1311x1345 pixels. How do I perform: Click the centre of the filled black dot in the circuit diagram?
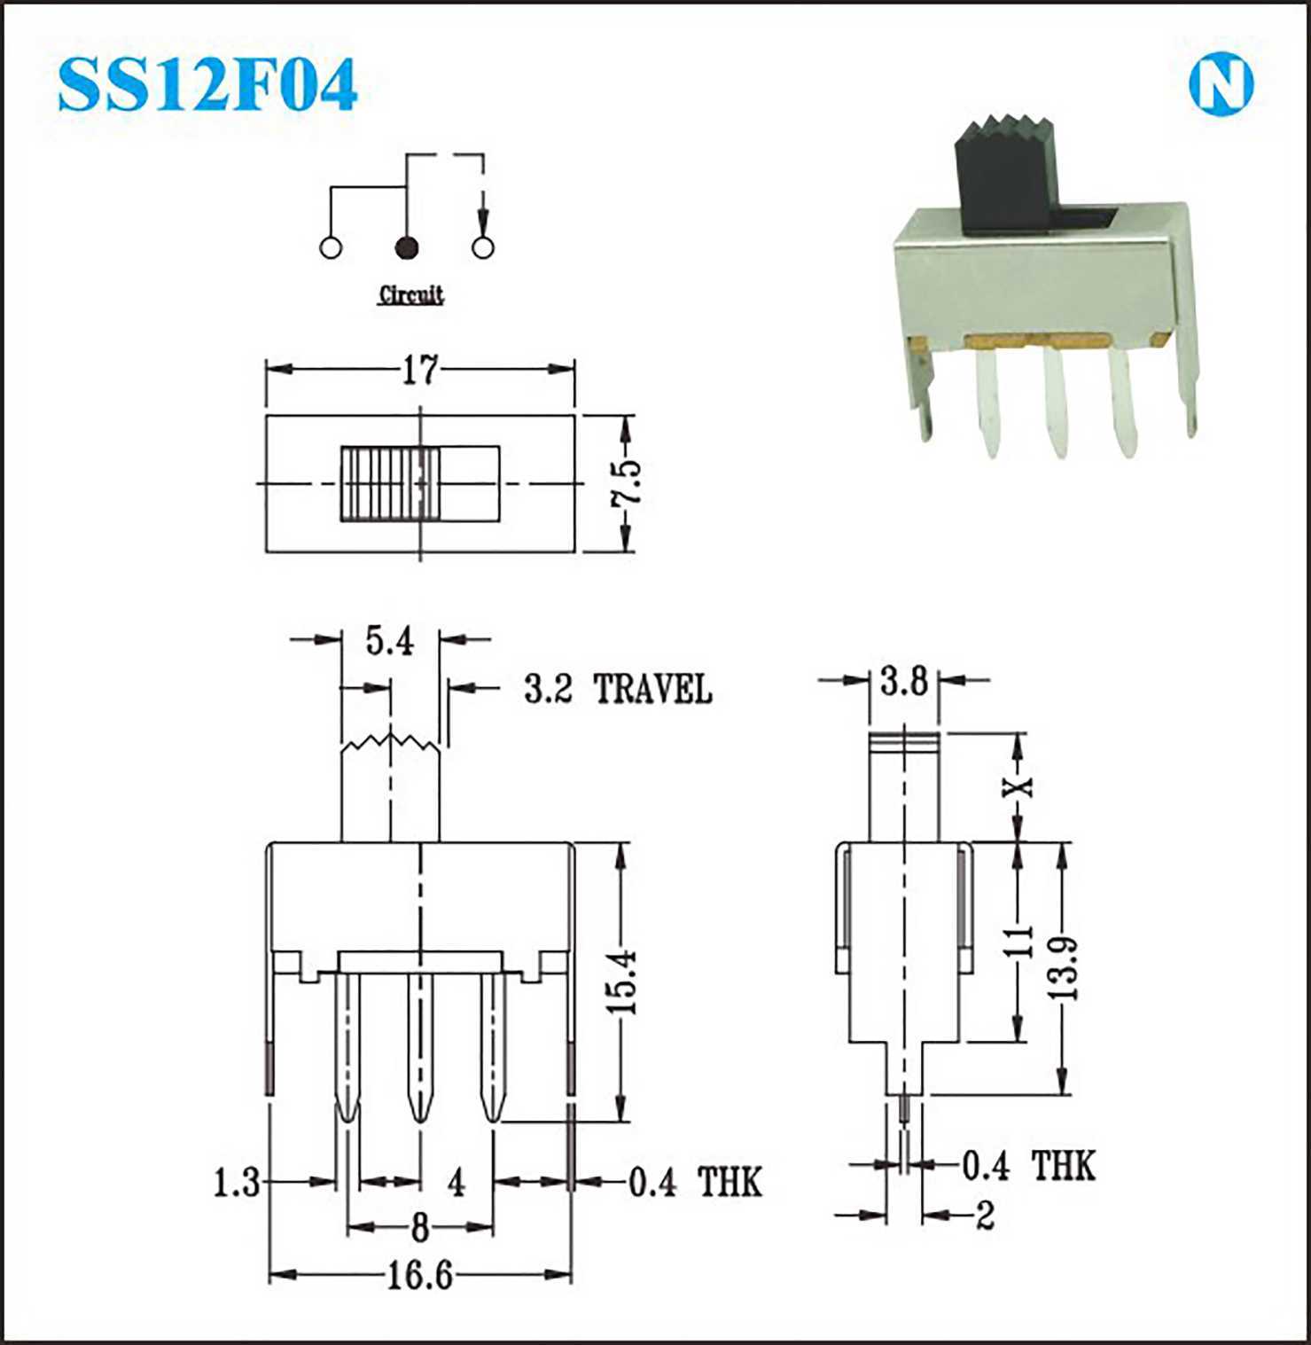click(x=407, y=248)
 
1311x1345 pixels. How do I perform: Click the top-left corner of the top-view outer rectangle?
click(x=267, y=414)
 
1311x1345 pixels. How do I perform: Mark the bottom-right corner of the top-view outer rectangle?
click(x=575, y=551)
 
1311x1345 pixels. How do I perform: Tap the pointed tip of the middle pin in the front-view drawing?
click(x=420, y=1124)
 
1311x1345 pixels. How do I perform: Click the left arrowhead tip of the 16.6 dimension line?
click(x=269, y=1276)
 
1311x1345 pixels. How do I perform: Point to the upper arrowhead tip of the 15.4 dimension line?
click(x=621, y=842)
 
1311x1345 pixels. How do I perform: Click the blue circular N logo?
click(x=1221, y=85)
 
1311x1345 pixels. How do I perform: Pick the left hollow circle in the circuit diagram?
click(x=331, y=248)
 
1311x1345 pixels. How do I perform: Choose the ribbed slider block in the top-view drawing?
click(x=390, y=483)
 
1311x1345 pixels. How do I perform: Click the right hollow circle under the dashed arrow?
click(x=483, y=247)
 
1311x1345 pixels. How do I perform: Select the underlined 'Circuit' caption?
click(x=411, y=295)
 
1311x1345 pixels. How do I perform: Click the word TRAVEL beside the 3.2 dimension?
click(x=652, y=689)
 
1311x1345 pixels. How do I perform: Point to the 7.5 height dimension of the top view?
click(x=626, y=483)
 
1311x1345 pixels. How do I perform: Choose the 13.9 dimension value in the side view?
click(x=1063, y=968)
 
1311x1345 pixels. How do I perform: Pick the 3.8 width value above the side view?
click(x=904, y=682)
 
